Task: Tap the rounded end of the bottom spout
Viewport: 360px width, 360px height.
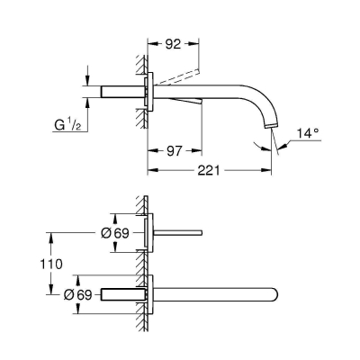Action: [274, 294]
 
